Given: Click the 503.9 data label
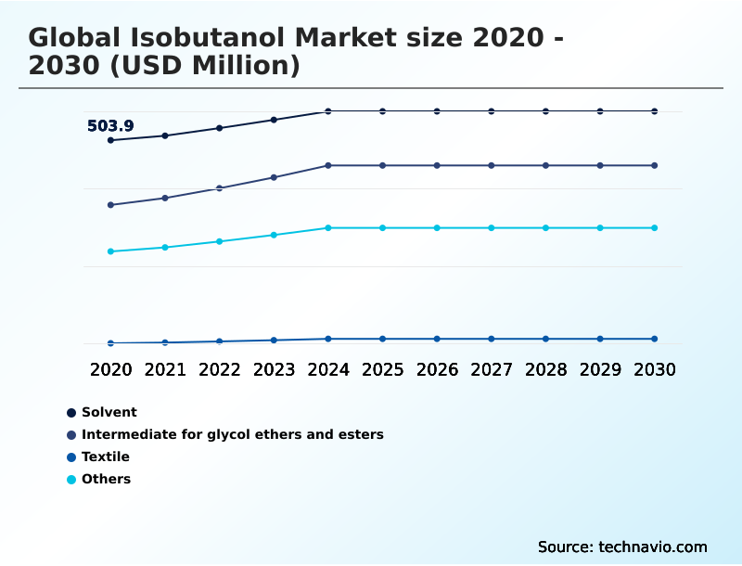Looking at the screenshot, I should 110,126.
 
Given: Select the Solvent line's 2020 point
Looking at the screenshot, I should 110,140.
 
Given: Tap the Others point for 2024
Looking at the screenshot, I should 328,227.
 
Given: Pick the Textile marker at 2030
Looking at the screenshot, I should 654,339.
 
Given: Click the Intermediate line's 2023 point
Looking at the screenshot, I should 274,177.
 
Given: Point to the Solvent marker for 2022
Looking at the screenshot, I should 220,128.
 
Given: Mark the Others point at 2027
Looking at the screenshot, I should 492,227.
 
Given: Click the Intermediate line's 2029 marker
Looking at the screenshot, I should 600,165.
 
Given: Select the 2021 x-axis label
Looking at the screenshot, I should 165,369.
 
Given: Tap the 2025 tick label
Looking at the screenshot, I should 382,369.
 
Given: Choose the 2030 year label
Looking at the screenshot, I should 654,369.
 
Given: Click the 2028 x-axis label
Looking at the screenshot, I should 545,369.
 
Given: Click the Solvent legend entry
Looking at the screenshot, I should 109,412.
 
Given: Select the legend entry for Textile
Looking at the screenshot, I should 105,457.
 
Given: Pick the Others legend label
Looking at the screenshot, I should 106,479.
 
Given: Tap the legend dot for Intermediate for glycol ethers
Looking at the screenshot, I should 70,434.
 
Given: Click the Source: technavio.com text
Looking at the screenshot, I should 622,547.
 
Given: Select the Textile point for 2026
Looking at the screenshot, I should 437,339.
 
